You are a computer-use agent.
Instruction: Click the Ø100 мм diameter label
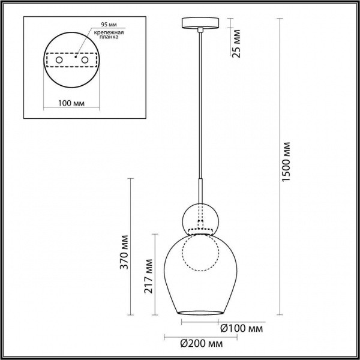[241, 328]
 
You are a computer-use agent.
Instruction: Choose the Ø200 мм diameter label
[201, 343]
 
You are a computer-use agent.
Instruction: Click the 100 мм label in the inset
[71, 103]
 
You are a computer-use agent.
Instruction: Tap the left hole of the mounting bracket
[58, 61]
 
